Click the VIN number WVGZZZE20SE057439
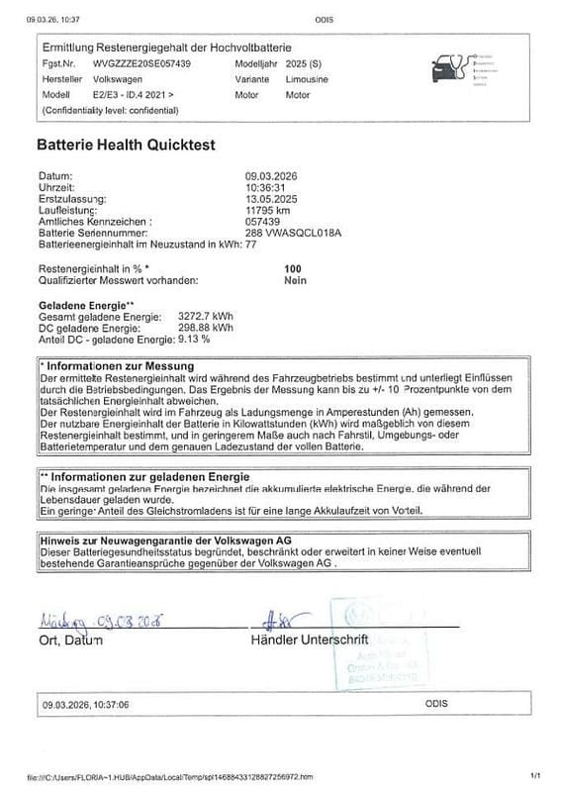tap(142, 61)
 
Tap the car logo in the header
tap(447, 67)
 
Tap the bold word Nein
tap(295, 280)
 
